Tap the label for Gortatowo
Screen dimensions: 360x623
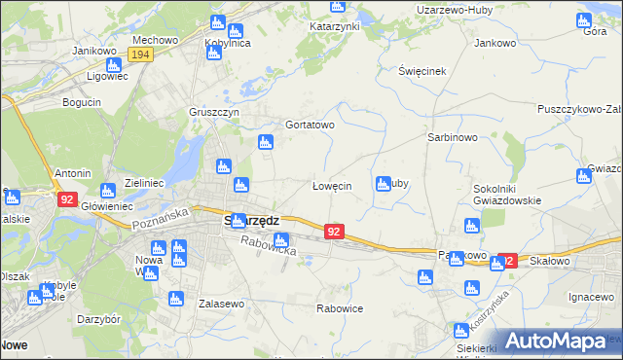coord(310,126)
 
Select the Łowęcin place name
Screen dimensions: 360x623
coord(331,186)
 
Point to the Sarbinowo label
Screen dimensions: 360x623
coord(452,138)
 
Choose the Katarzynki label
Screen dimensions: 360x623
coord(336,26)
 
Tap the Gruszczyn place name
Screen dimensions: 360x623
coord(214,112)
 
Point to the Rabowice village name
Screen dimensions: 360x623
coord(340,308)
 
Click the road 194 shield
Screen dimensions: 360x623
coord(140,55)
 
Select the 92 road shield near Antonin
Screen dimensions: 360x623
coord(66,199)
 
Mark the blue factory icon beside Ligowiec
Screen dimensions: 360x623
coord(113,65)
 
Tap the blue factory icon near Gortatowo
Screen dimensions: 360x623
coord(266,143)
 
